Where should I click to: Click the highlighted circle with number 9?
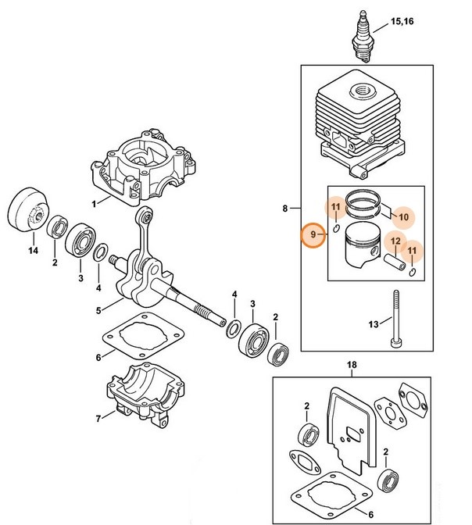313,234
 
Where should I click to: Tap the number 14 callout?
32,252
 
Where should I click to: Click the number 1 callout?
95,203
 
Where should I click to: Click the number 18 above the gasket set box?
351,366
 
